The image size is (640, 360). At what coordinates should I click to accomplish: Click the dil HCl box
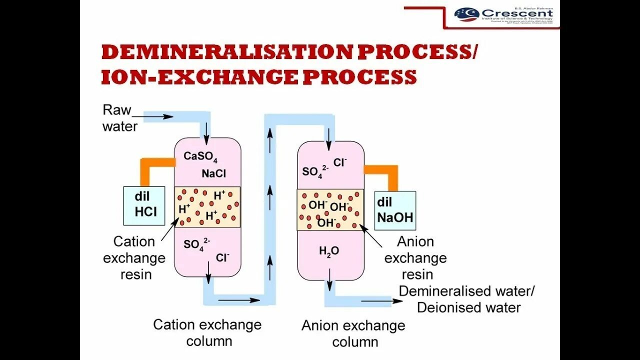pyautogui.click(x=144, y=205)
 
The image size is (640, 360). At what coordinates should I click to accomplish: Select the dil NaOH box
pyautogui.click(x=395, y=210)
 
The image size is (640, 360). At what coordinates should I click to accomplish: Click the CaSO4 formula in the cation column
pyautogui.click(x=200, y=156)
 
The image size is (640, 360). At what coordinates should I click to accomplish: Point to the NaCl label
pyautogui.click(x=214, y=173)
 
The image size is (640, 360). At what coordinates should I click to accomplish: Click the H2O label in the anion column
pyautogui.click(x=329, y=251)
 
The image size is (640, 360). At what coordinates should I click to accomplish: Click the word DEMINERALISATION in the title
pyautogui.click(x=219, y=52)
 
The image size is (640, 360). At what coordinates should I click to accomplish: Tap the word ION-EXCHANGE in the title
pyautogui.click(x=198, y=77)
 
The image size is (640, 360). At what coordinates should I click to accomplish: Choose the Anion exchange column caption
pyautogui.click(x=353, y=333)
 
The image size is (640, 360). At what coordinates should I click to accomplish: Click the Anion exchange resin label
pyautogui.click(x=415, y=257)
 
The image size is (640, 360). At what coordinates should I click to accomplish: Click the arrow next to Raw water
pyautogui.click(x=159, y=117)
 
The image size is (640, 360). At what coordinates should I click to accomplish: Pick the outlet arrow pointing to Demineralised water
pyautogui.click(x=375, y=301)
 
